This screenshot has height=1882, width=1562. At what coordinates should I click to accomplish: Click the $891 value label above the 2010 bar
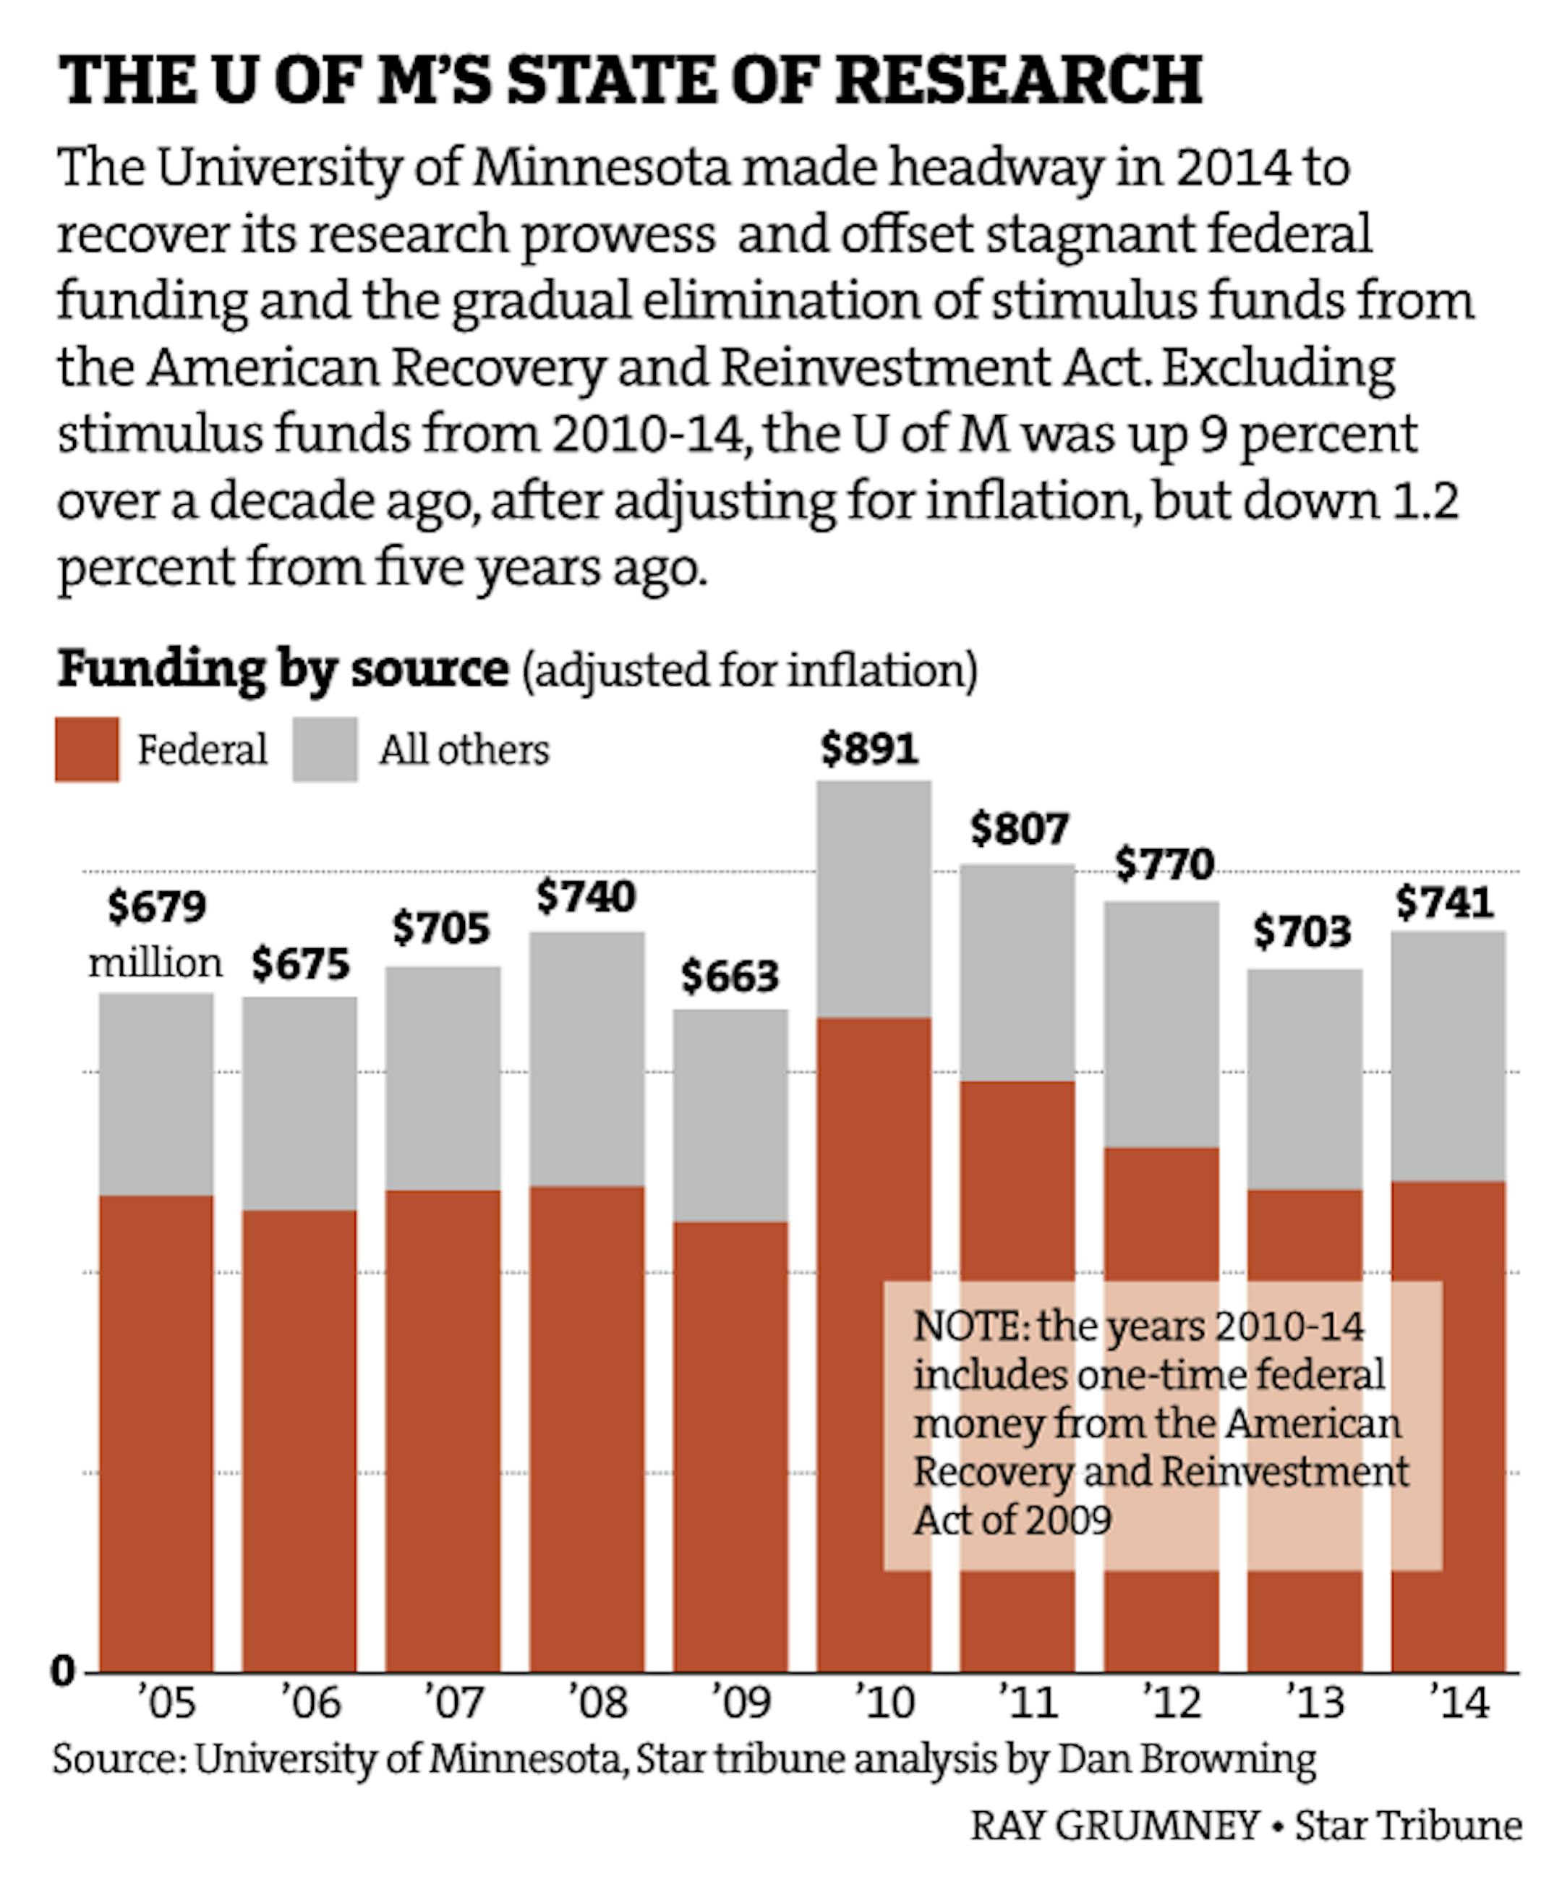tap(869, 749)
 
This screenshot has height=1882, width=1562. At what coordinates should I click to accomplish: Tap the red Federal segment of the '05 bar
tap(156, 1434)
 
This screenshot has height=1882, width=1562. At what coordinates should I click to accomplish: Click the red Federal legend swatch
tap(87, 749)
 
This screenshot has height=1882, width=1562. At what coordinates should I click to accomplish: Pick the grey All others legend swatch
tap(325, 749)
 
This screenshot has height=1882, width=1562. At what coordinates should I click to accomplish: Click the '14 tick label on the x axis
tap(1459, 1702)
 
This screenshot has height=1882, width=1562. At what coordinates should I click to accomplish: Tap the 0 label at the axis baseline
tap(63, 1672)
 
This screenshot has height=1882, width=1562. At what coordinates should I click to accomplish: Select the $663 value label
tap(730, 976)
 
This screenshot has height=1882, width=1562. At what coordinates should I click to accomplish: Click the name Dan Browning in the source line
tap(1187, 1758)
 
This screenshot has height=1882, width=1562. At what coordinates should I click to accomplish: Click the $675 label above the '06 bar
tap(300, 964)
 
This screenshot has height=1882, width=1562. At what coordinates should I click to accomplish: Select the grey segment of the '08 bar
tap(587, 1058)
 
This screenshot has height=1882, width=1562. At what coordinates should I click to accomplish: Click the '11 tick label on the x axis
tap(1028, 1702)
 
